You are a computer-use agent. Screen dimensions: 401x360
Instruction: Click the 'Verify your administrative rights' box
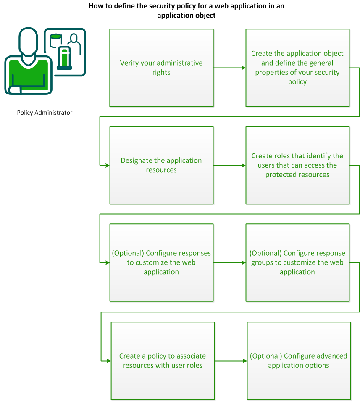pos(161,68)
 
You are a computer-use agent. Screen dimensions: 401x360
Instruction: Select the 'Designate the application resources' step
pos(161,165)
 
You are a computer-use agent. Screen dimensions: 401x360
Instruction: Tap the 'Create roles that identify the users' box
pos(297,165)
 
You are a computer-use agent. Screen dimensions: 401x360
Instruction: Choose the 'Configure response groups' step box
pos(297,262)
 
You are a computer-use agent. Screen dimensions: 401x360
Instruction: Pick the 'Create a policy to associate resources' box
pos(163,360)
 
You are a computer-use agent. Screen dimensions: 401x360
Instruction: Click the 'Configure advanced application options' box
pos(298,360)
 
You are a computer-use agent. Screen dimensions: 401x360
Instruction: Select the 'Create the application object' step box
pos(297,68)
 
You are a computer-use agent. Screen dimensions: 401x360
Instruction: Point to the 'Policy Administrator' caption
pos(45,113)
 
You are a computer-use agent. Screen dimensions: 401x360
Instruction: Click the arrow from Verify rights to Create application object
pos(229,68)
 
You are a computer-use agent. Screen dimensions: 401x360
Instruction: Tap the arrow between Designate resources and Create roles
pos(229,165)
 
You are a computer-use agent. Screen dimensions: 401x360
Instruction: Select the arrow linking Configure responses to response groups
pos(229,263)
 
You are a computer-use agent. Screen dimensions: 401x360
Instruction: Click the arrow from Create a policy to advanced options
pos(231,360)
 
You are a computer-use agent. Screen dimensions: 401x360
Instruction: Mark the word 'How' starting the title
pos(95,6)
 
